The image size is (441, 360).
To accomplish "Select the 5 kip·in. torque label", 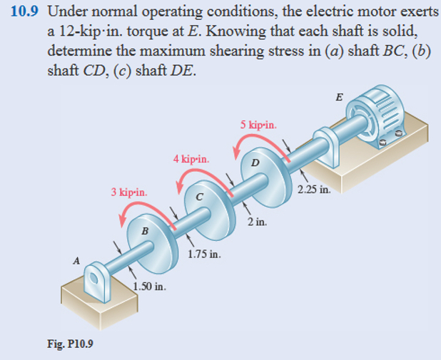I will (258, 125).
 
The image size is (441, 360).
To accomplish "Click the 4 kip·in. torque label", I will (191, 158).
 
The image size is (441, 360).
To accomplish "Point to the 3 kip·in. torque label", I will (129, 192).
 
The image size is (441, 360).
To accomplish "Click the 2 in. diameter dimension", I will (258, 222).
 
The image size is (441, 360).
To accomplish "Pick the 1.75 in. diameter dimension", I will (203, 254).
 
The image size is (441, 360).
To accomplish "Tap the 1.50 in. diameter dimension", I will (150, 287).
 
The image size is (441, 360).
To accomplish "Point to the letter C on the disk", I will (200, 196).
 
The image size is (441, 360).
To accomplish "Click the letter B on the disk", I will (145, 230).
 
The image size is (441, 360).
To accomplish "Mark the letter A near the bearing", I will (76, 260).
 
